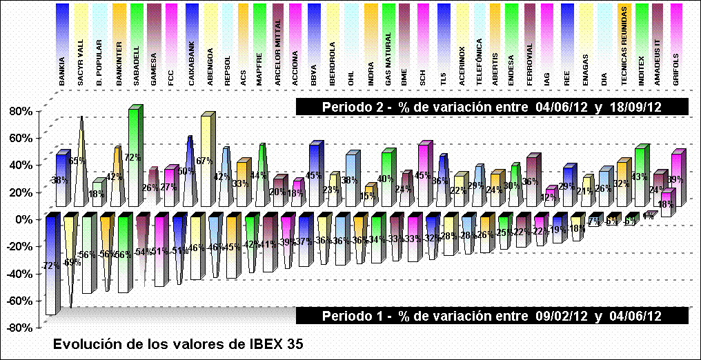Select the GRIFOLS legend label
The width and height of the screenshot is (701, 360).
coord(676,68)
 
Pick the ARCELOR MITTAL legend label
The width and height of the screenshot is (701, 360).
coord(278,61)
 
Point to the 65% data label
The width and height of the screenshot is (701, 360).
coord(77,161)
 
